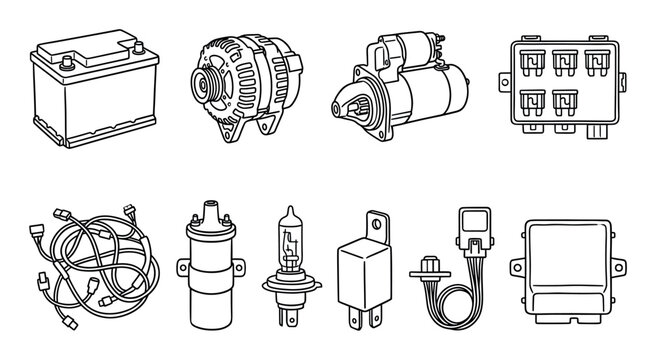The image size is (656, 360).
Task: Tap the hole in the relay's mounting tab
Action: click(377, 222)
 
